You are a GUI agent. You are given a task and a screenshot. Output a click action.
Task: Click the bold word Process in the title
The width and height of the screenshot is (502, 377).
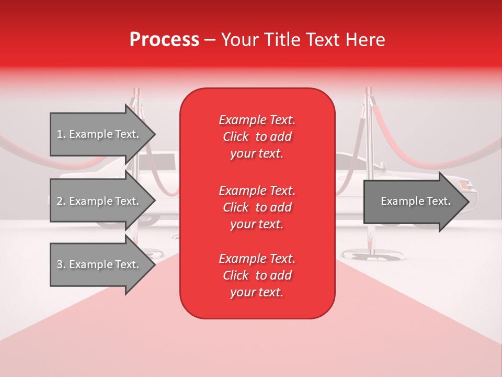tap(164, 40)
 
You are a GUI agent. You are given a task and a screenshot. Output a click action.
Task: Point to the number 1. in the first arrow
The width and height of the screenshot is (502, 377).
tap(61, 134)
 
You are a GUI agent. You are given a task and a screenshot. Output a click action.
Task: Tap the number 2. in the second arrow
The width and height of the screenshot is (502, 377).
tap(61, 201)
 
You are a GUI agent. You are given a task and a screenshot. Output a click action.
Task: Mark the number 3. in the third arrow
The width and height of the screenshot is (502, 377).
tap(61, 264)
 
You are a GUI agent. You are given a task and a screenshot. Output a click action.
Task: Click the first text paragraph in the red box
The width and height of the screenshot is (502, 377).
tap(257, 137)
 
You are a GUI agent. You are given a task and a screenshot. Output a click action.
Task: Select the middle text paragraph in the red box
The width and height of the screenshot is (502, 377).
tap(257, 207)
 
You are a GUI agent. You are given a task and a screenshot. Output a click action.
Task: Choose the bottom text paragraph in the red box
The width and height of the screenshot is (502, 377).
tap(257, 275)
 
